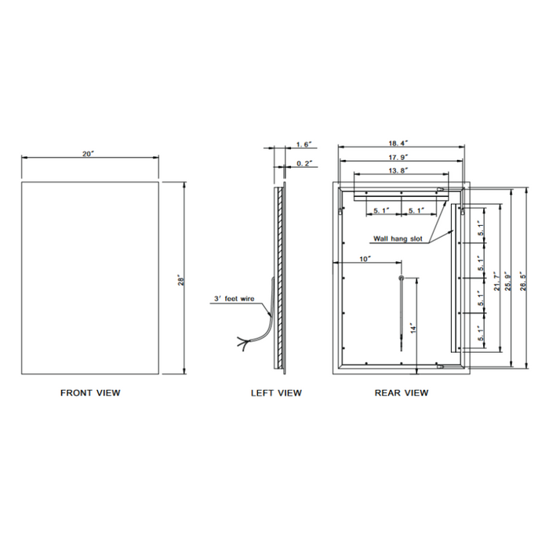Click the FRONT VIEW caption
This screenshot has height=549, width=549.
pyautogui.click(x=90, y=393)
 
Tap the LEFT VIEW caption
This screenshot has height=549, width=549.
pyautogui.click(x=276, y=393)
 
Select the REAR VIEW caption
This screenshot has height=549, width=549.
pyautogui.click(x=402, y=393)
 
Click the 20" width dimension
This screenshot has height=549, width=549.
pyautogui.click(x=89, y=154)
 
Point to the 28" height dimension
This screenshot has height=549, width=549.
pyautogui.click(x=181, y=281)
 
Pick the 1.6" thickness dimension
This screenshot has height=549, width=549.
pyautogui.click(x=304, y=144)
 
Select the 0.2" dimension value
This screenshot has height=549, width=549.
pyautogui.click(x=304, y=163)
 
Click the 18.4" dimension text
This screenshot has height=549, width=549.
pyautogui.click(x=398, y=144)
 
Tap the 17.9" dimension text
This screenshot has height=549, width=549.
pyautogui.click(x=398, y=158)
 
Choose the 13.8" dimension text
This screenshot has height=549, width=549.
pyautogui.click(x=398, y=170)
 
